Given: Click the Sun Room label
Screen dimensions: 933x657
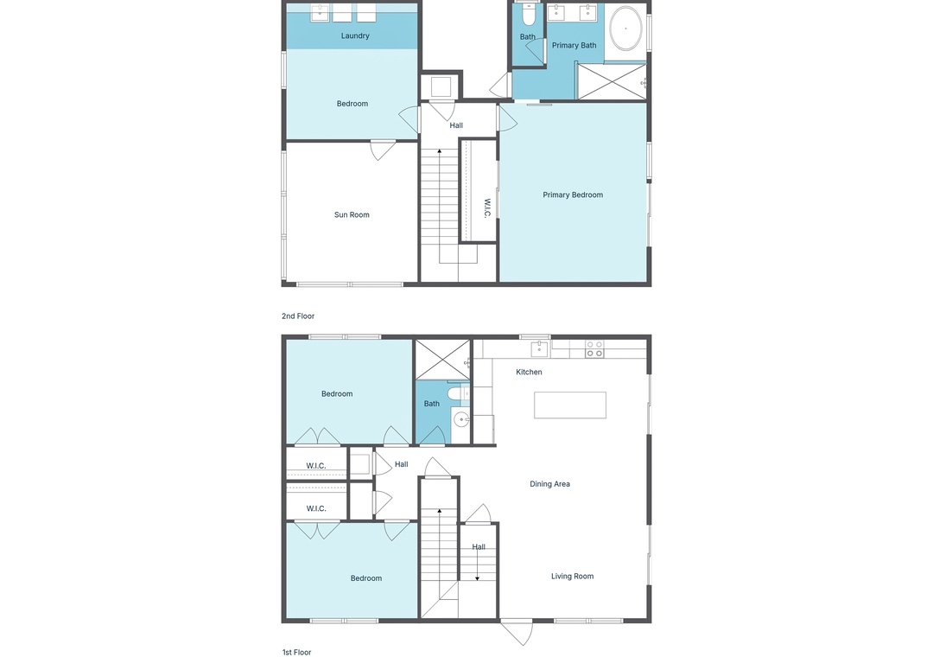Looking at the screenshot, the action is (x=352, y=214).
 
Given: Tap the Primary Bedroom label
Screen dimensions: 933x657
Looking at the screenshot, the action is (x=573, y=195).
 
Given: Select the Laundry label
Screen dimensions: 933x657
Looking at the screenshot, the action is (x=355, y=35).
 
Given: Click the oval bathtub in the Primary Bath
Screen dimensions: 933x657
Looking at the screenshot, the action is (x=625, y=28).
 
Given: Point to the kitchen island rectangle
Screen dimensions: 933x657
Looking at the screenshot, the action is (x=570, y=405).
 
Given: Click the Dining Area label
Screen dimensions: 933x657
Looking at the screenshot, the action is (x=549, y=483).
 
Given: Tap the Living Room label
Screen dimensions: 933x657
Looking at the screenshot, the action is (x=572, y=576).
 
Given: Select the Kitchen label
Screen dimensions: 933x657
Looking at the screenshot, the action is (x=529, y=372).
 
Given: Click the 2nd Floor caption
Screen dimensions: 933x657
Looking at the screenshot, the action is (x=298, y=316).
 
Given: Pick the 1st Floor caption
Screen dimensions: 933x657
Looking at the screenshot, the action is (x=296, y=652).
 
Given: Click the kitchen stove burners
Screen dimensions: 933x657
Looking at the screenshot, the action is (x=594, y=349).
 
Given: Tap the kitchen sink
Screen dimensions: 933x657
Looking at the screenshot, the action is (x=539, y=348).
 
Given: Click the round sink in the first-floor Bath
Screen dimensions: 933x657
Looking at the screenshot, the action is (x=461, y=420).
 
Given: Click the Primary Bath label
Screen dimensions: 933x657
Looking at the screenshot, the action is (x=574, y=45).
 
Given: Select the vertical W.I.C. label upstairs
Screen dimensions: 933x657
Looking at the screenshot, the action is (x=486, y=208).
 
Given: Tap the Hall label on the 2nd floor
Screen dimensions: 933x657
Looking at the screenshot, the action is (x=456, y=125).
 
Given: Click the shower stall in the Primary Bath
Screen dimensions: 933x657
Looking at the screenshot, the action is (x=612, y=81).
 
